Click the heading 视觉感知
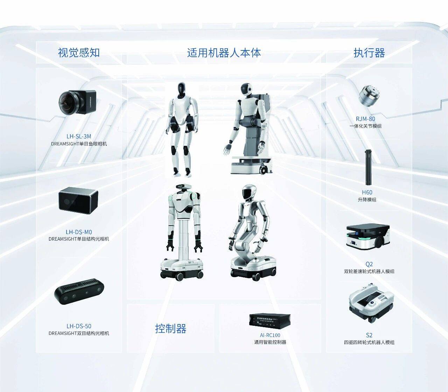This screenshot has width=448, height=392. (79, 53)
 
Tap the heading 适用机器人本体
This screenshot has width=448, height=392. (224, 53)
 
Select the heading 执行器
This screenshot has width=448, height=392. (369, 53)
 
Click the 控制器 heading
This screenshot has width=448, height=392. (170, 329)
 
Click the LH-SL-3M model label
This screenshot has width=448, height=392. (79, 136)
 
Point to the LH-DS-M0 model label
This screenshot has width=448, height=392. (79, 232)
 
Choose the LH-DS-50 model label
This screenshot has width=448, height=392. (79, 326)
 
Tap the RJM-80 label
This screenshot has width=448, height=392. (365, 119)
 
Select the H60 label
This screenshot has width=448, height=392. (367, 192)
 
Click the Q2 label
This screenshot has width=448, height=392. (369, 264)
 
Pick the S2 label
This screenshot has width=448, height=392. (369, 335)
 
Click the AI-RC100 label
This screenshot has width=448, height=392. (270, 335)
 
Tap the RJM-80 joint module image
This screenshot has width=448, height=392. (369, 96)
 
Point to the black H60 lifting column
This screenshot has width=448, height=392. (367, 167)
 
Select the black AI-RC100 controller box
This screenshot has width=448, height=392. (269, 320)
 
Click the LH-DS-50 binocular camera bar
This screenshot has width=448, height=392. (79, 291)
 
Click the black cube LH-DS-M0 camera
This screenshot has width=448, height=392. (78, 200)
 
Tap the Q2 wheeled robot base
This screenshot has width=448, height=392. (368, 237)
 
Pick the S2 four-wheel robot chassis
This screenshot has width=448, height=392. (371, 303)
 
